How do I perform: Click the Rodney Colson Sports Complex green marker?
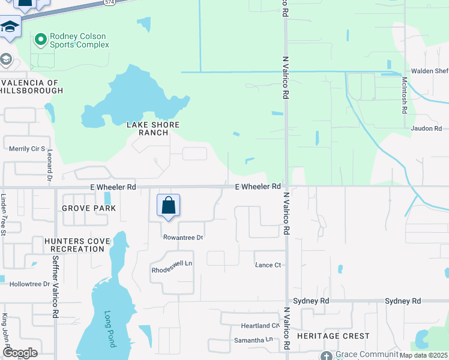(41, 40)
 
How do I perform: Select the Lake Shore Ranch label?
(153, 129)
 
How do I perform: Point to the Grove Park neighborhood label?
(88, 208)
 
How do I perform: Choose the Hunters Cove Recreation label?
(77, 245)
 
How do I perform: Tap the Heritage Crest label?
(333, 335)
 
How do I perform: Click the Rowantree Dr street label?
(184, 238)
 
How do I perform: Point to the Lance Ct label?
(268, 265)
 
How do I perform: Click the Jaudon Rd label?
(426, 128)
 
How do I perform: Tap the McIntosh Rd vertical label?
(405, 95)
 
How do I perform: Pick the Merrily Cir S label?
(27, 148)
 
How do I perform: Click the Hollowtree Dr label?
(25, 284)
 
